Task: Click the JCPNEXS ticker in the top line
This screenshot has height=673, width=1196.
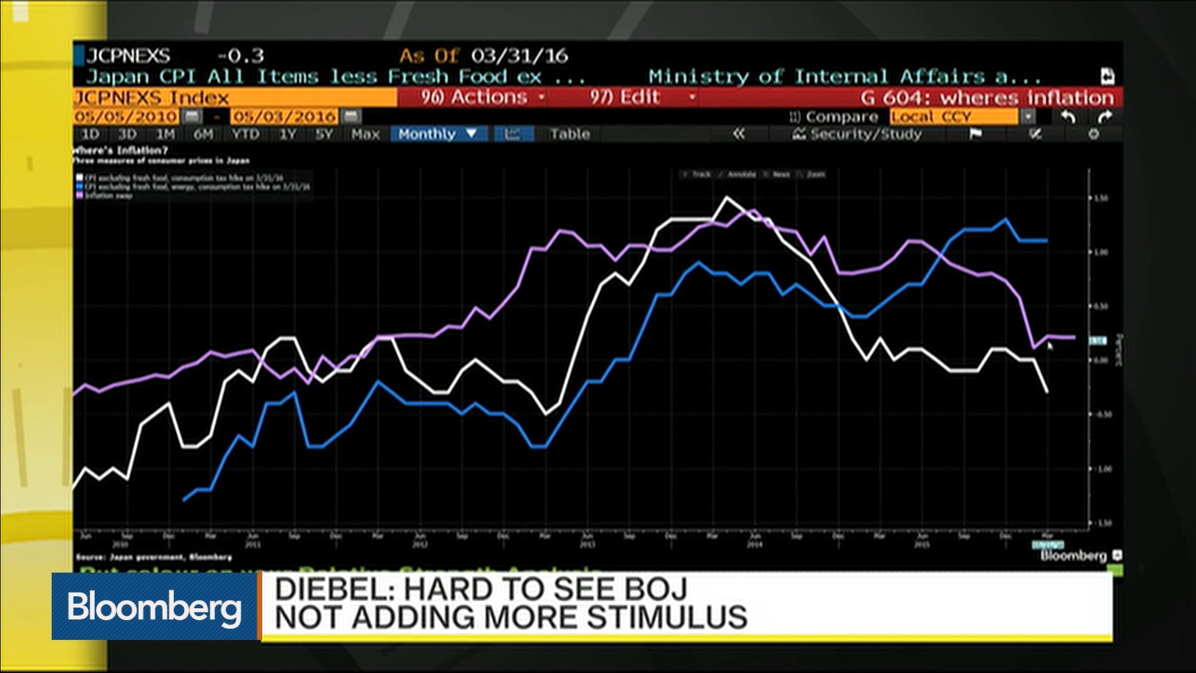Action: click(x=128, y=56)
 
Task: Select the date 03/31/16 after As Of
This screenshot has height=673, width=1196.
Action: click(x=519, y=56)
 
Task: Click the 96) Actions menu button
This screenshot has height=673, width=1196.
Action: click(x=474, y=97)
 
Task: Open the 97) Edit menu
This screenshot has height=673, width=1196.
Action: click(x=625, y=97)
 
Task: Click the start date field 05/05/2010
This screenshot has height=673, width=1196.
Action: click(x=126, y=117)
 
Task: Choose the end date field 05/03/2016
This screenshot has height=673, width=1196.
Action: click(x=284, y=117)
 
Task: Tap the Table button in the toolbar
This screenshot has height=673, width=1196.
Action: click(x=569, y=134)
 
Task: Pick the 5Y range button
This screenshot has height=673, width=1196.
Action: click(x=324, y=134)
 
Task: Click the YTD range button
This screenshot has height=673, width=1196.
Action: click(x=245, y=134)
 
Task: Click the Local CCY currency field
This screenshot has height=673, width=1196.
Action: click(x=953, y=117)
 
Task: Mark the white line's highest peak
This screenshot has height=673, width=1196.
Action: click(x=726, y=198)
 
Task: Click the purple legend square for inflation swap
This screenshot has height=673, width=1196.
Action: click(x=80, y=195)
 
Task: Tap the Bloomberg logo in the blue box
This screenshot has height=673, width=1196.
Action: click(x=154, y=606)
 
